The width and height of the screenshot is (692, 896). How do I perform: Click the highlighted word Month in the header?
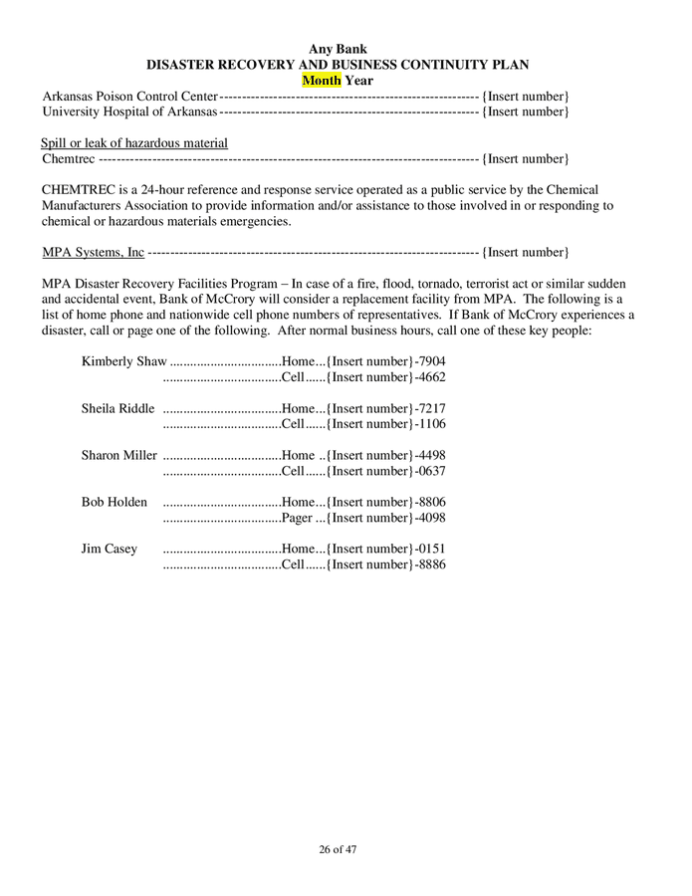(322, 80)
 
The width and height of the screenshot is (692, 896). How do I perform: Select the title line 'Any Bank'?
(338, 49)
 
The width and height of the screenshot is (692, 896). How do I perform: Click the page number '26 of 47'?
(338, 849)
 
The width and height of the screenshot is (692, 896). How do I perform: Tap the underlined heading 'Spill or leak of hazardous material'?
(134, 143)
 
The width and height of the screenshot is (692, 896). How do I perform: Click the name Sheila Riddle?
(117, 408)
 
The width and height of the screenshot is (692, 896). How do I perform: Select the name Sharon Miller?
(118, 455)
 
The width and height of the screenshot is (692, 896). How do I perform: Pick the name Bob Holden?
(114, 502)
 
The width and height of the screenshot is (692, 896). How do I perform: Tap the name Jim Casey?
(110, 549)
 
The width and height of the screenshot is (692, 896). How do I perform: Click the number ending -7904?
(430, 361)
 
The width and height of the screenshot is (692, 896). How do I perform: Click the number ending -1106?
(430, 424)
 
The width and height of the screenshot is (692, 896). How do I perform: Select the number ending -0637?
(430, 471)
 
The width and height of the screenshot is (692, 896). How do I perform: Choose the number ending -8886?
(430, 564)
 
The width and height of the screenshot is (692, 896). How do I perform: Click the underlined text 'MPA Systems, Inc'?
(94, 252)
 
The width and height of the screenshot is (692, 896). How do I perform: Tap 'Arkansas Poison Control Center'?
(129, 96)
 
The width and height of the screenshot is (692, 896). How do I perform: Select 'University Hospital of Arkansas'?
(129, 112)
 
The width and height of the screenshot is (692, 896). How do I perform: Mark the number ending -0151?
(430, 549)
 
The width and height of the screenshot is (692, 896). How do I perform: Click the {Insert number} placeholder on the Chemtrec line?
(526, 159)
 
